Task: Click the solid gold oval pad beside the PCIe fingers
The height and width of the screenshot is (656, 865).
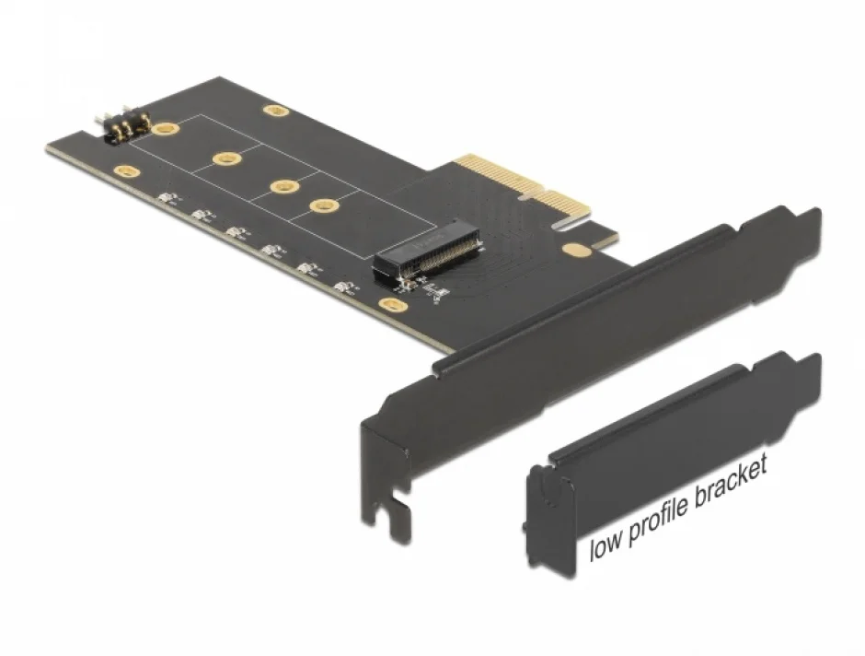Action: click(x=577, y=249)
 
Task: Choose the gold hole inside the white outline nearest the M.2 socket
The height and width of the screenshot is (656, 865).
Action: click(x=321, y=205)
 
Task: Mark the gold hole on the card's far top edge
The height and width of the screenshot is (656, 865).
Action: click(x=274, y=111)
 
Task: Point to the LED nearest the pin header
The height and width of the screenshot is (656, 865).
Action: click(x=167, y=199)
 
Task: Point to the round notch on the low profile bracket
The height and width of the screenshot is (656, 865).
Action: click(x=547, y=493)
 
